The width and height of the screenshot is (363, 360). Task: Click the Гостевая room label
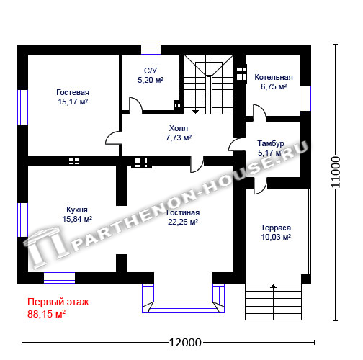tap(73, 92)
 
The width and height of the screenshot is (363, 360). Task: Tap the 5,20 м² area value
tap(151, 80)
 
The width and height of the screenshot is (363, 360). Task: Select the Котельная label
tap(274, 77)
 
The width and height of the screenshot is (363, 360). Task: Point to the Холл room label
tap(179, 128)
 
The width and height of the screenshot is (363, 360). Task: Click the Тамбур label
tap(271, 143)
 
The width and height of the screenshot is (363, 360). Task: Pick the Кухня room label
tap(77, 210)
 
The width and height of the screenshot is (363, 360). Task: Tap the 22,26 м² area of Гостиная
tap(183, 222)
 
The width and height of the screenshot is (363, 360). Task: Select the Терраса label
tap(276, 228)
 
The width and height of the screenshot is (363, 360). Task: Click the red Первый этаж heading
tap(58, 302)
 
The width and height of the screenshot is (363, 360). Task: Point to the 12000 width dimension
tap(185, 343)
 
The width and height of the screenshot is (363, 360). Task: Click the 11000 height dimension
tap(336, 172)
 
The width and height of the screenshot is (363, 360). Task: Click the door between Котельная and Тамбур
tap(259, 112)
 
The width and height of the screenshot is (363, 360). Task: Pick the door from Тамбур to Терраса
tap(261, 186)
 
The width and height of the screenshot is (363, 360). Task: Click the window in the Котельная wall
tap(305, 99)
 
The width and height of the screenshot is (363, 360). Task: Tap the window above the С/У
tap(151, 50)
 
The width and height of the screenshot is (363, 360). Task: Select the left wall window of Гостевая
tap(23, 107)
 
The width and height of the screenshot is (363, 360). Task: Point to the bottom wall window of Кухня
tap(59, 278)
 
